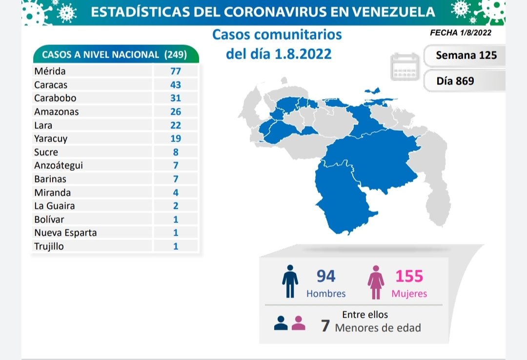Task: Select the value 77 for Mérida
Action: (176, 71)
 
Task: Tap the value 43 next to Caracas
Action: (176, 84)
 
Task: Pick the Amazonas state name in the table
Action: (56, 112)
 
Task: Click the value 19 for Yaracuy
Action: (176, 139)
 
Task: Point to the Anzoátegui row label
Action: (59, 165)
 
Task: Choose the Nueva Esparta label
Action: (65, 233)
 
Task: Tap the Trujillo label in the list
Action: (49, 246)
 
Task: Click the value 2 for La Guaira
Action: (176, 206)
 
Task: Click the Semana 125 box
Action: (466, 55)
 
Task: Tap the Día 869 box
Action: (455, 81)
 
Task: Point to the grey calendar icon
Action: (405, 67)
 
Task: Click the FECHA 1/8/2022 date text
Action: (460, 33)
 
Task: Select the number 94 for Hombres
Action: (325, 276)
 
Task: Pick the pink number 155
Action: (409, 276)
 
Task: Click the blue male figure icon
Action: (290, 281)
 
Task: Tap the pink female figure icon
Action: (376, 282)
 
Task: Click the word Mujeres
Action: (409, 294)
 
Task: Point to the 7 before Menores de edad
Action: (325, 326)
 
